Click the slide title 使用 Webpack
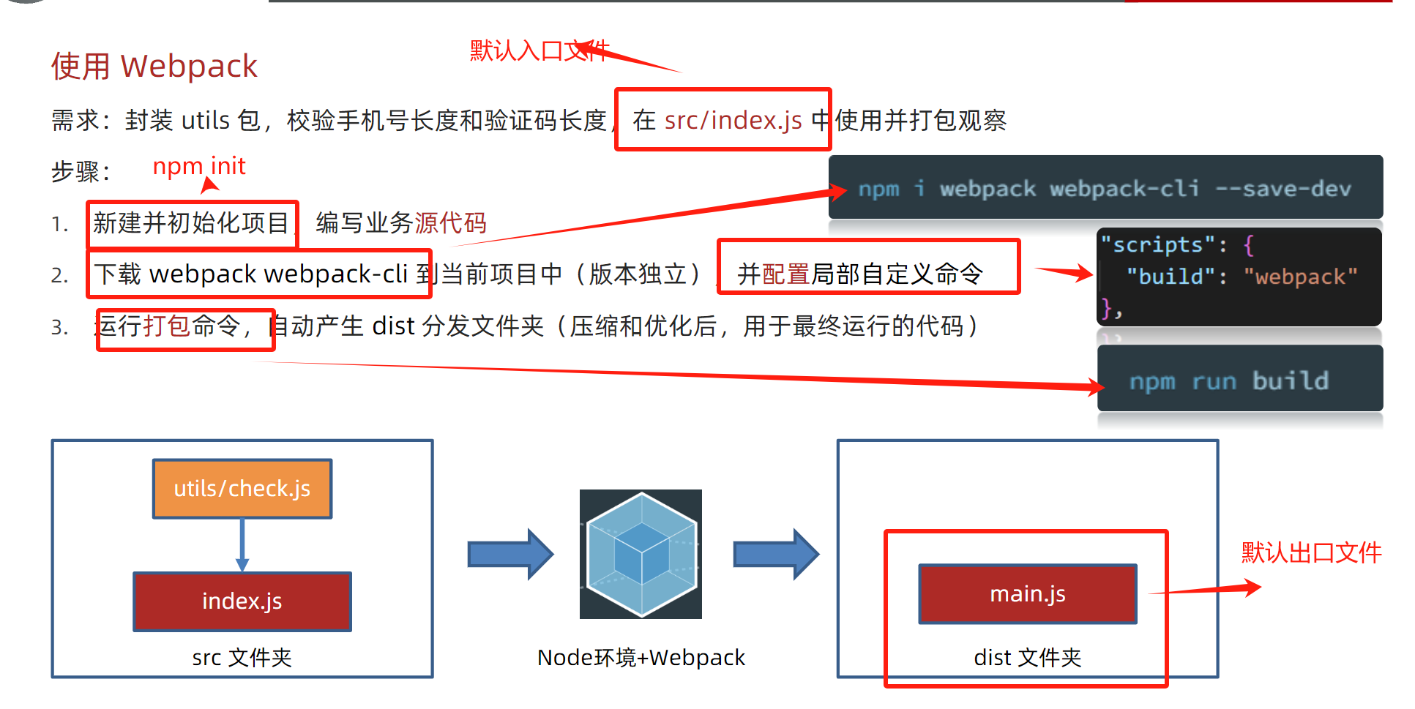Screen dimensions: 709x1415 [154, 66]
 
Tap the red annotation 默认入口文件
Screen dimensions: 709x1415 [539, 50]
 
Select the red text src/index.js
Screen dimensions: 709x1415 [733, 120]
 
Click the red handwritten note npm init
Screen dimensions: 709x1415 [198, 166]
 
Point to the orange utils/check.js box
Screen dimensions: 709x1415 [242, 488]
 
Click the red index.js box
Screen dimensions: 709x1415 [242, 601]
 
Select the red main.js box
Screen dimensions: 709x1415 [1027, 593]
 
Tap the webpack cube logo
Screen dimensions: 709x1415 [641, 554]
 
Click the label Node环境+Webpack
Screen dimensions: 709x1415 [641, 657]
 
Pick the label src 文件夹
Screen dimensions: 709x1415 [242, 657]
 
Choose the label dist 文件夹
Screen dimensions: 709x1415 [1027, 657]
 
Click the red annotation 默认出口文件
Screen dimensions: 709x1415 [1311, 552]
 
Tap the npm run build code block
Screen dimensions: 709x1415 [1239, 380]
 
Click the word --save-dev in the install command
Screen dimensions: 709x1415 [1283, 189]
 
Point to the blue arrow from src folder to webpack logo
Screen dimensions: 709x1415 [510, 554]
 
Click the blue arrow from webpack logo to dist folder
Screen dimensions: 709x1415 [776, 554]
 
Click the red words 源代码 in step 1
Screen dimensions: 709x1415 [450, 222]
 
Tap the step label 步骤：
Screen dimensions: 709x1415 [81, 171]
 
